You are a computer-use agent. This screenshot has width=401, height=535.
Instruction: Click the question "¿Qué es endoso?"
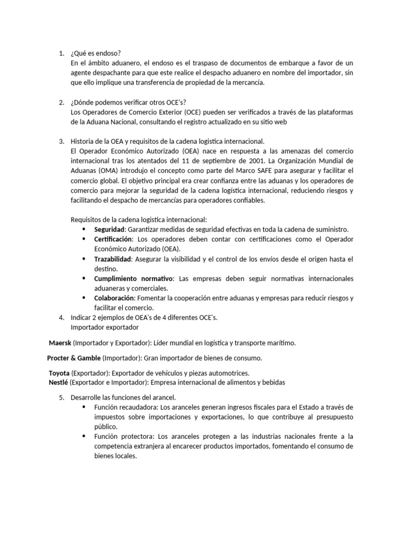96,53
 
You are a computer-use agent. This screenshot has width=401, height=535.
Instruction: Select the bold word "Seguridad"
110,229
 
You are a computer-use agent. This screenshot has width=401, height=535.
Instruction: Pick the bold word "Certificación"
113,239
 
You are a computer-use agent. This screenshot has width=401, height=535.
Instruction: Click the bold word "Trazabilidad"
113,259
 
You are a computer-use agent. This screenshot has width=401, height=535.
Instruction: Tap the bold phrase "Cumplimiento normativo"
134,278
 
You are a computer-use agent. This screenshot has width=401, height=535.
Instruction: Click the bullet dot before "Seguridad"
84,229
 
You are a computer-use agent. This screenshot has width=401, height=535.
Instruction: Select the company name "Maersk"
60,343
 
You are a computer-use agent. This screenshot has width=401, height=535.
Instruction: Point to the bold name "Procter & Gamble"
74,358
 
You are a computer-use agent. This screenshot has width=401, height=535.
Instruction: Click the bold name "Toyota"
59,373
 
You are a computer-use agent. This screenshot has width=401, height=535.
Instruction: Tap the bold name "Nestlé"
58,382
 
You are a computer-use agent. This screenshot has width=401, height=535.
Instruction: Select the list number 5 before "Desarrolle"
61,398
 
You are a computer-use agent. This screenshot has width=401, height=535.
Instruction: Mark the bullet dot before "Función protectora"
84,436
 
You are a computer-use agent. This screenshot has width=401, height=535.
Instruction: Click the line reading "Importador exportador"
104,328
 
